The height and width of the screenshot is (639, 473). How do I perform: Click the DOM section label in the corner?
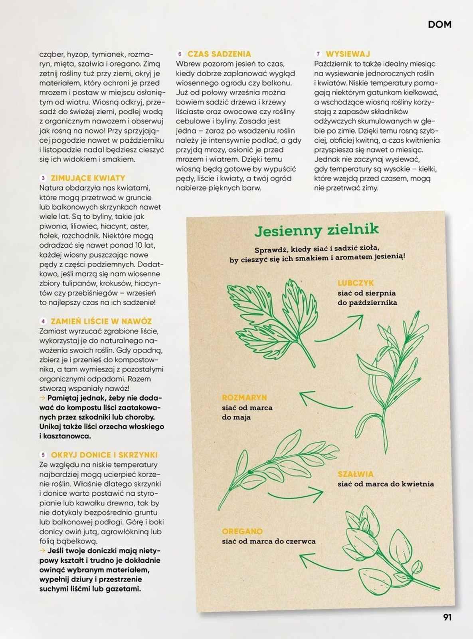[x=439, y=25]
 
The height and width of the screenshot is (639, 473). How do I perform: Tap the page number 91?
[x=447, y=617]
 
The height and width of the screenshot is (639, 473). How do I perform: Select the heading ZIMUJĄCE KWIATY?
[x=88, y=178]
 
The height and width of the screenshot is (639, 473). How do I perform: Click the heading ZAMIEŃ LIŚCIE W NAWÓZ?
[x=101, y=321]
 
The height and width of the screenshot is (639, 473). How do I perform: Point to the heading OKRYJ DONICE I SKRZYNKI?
[x=104, y=455]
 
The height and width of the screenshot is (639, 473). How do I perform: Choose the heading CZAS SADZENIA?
[x=219, y=54]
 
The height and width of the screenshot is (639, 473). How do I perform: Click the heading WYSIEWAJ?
[x=348, y=54]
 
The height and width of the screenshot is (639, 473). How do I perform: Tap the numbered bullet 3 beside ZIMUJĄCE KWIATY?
[x=43, y=178]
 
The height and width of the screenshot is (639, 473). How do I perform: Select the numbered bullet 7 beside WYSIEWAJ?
[x=318, y=54]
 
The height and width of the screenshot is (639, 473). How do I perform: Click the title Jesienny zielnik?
[x=317, y=230]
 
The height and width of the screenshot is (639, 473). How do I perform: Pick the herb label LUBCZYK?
[x=356, y=283]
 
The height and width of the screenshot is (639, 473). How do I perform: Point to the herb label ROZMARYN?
[x=244, y=398]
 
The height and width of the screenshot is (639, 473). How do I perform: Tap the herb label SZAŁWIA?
[x=356, y=474]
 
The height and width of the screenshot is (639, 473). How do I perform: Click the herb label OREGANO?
[x=242, y=532]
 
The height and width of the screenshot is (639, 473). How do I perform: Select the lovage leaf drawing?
[x=271, y=316]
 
